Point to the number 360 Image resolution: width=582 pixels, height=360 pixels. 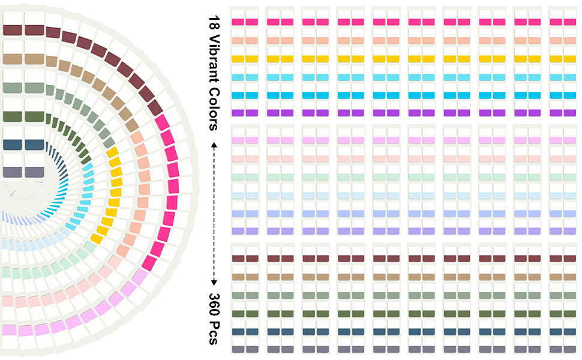coord(214,304)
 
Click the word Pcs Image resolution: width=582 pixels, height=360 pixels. coord(214,332)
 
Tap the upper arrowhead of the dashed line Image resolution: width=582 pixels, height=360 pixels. coord(214,145)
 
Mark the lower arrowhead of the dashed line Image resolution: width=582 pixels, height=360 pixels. coord(214,283)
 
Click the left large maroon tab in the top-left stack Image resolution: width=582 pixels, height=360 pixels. coord(13,29)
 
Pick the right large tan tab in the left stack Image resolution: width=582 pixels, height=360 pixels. coord(35,59)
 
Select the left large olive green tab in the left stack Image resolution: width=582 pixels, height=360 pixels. coord(13,116)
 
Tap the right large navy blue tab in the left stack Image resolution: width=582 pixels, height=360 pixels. coord(35,145)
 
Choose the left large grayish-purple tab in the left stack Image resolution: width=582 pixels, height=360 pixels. coord(13,172)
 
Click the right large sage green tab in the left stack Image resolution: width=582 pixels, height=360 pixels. coord(35,88)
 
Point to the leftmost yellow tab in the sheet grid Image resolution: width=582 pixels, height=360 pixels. coord(238,59)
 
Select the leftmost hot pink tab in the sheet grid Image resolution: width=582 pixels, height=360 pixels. coord(238,22)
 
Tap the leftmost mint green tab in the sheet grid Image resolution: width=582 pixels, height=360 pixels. coord(238,178)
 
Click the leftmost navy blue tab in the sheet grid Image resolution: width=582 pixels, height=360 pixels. coord(238,331)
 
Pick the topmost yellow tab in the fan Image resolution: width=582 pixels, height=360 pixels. coord(112,152)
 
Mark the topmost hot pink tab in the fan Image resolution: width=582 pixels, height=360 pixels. coord(162,122)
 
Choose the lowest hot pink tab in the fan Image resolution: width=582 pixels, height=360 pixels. coord(149,263)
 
